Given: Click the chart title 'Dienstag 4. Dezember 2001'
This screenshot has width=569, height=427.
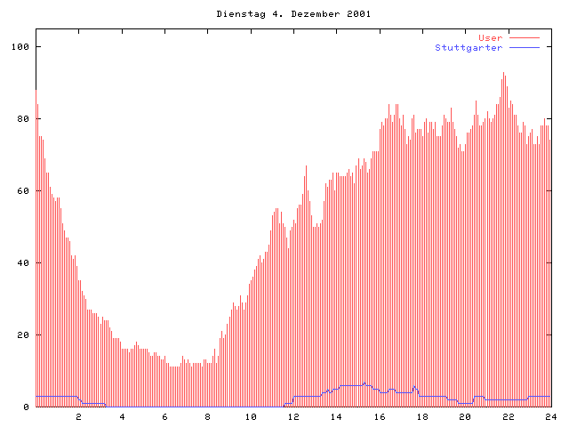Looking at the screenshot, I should pyautogui.click(x=293, y=14).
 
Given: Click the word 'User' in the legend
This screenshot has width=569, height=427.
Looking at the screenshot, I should pyautogui.click(x=490, y=37).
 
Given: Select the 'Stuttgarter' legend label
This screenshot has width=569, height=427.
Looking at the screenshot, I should pyautogui.click(x=469, y=47).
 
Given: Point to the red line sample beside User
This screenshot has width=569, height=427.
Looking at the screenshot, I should pyautogui.click(x=525, y=37).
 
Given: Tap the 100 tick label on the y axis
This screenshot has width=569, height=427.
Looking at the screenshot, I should pyautogui.click(x=20, y=46).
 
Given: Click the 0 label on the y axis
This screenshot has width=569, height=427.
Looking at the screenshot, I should pyautogui.click(x=26, y=407).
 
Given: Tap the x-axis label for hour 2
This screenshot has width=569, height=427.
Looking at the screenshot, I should pyautogui.click(x=78, y=416).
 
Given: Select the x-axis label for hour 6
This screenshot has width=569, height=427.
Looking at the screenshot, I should pyautogui.click(x=164, y=416).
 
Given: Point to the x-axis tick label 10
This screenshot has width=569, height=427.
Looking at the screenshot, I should pyautogui.click(x=251, y=416).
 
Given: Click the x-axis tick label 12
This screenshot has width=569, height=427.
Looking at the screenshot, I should pyautogui.click(x=293, y=416).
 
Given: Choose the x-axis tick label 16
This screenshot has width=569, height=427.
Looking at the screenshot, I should pyautogui.click(x=380, y=416).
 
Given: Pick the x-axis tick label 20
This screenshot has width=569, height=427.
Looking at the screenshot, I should pyautogui.click(x=465, y=416).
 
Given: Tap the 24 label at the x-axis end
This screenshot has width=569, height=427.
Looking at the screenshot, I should pyautogui.click(x=551, y=416).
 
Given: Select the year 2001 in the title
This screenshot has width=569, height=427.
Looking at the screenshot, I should pyautogui.click(x=359, y=14).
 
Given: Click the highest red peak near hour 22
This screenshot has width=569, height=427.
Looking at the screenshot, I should pyautogui.click(x=504, y=75).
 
